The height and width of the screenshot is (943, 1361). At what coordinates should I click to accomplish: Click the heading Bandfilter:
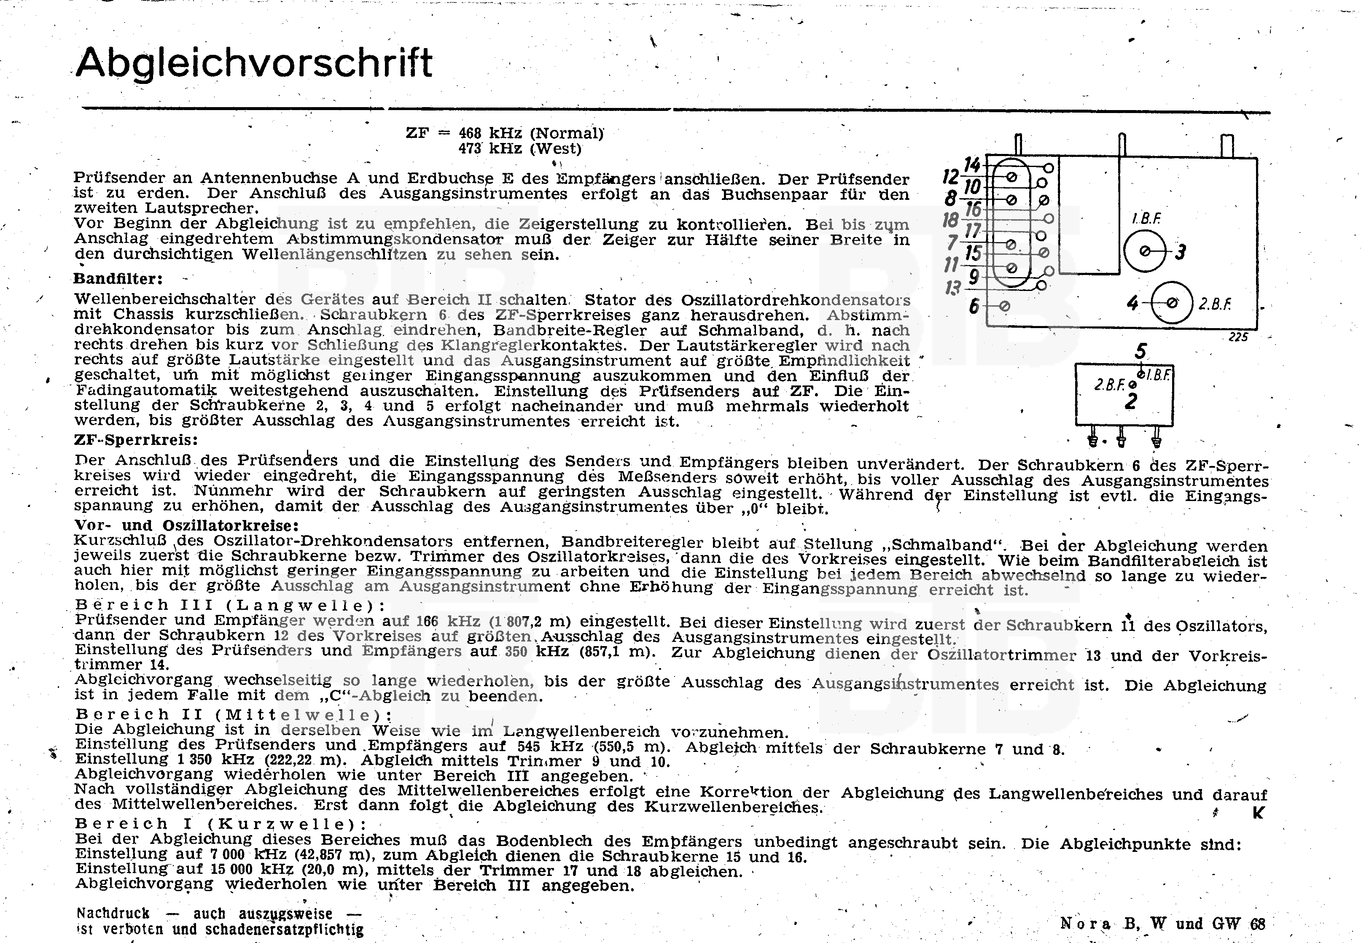tap(118, 278)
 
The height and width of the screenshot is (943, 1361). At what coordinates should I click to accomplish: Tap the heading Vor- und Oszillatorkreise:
tap(186, 525)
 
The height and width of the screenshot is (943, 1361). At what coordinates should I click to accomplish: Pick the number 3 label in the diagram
tap(1180, 253)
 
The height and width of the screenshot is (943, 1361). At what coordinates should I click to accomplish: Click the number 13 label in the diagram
tap(952, 288)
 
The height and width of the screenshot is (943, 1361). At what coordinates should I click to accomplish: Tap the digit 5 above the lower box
tap(1140, 352)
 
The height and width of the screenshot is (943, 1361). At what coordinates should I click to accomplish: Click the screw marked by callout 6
tap(1005, 306)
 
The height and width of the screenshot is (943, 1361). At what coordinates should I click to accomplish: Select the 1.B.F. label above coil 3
tap(1146, 218)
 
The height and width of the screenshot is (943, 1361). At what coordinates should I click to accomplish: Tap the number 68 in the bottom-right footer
tap(1258, 924)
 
